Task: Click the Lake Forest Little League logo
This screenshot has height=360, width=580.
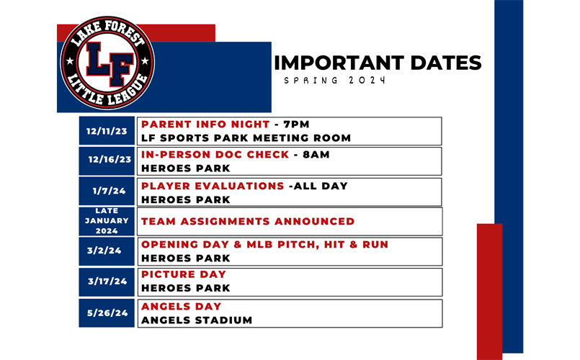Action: point(107,63)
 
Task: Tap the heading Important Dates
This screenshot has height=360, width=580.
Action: point(378,63)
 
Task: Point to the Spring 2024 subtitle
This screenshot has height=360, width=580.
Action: point(335,80)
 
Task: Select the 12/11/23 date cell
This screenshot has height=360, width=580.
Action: point(107,131)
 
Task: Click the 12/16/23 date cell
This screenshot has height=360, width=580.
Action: point(107,161)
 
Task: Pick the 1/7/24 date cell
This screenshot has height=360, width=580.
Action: point(107,191)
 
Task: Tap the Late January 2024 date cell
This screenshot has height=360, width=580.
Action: point(107,221)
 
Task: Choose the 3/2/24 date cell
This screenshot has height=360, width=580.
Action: point(107,251)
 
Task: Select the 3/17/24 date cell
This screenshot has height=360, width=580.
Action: point(107,282)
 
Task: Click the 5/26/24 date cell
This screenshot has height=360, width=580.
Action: point(107,313)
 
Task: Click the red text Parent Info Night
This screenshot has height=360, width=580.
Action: point(205,124)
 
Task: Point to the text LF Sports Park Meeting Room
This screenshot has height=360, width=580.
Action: point(246,138)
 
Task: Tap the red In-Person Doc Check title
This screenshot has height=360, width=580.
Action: point(215,155)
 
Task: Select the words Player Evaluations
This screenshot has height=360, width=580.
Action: point(213,186)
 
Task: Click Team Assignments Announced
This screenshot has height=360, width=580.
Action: point(248,221)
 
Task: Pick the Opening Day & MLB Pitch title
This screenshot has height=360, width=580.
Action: point(265,245)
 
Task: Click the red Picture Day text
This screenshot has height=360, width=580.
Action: point(184,274)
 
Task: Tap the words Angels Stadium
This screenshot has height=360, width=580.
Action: point(197,320)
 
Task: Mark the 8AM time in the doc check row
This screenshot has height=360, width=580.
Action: point(316,155)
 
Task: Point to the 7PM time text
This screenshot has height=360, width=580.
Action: point(296,124)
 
